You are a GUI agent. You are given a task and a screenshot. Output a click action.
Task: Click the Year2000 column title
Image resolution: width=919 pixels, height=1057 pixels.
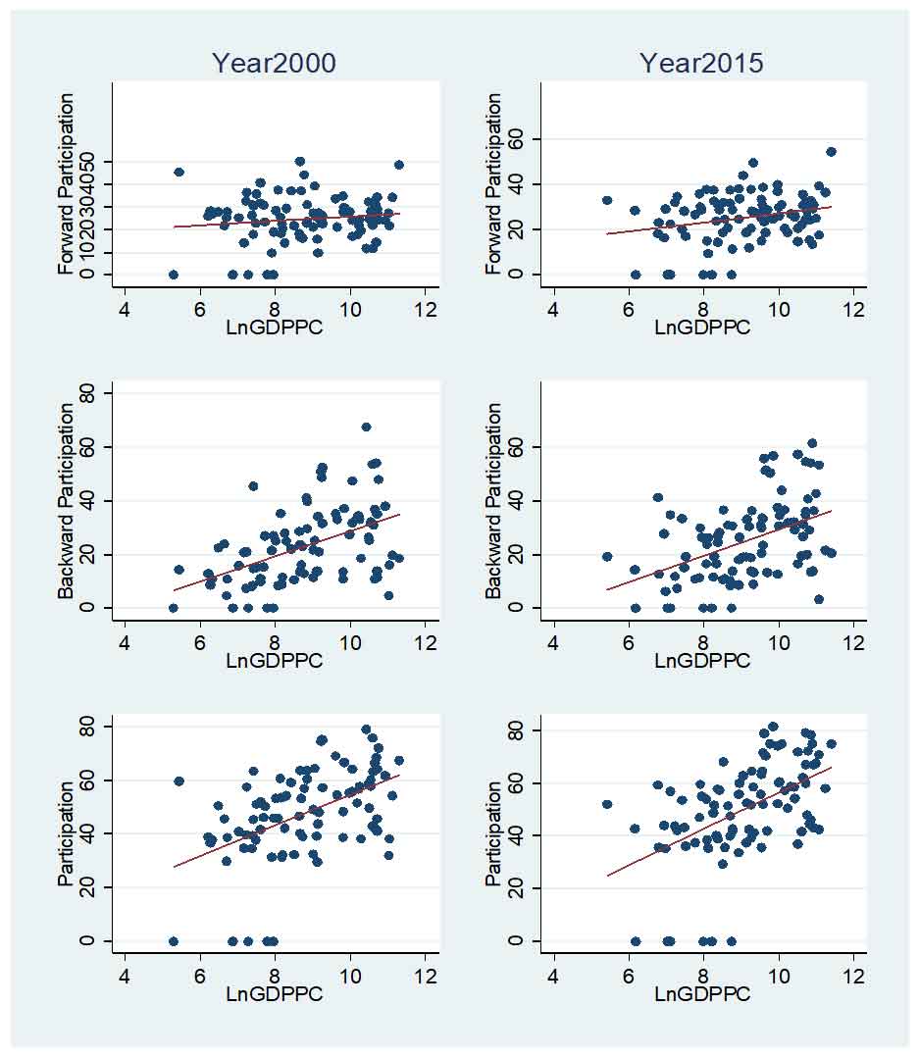(x=274, y=64)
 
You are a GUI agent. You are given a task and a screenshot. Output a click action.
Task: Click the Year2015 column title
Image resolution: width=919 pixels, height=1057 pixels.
(x=701, y=64)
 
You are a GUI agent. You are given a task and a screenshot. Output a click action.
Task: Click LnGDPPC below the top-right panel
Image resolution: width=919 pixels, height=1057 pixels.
(x=701, y=327)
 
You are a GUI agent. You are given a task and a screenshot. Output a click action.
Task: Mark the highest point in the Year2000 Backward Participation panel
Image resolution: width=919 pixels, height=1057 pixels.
(x=366, y=427)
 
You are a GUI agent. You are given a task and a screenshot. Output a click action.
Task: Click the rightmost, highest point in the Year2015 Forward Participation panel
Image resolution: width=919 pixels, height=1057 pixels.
(x=831, y=151)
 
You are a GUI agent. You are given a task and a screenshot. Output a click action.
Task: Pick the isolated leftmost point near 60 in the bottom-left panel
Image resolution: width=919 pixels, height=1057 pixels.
(x=179, y=781)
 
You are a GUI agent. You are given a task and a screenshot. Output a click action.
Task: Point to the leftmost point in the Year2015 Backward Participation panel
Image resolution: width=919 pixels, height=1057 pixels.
(x=606, y=556)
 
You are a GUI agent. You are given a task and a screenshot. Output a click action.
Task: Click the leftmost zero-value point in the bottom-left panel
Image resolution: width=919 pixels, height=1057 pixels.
(x=173, y=941)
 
